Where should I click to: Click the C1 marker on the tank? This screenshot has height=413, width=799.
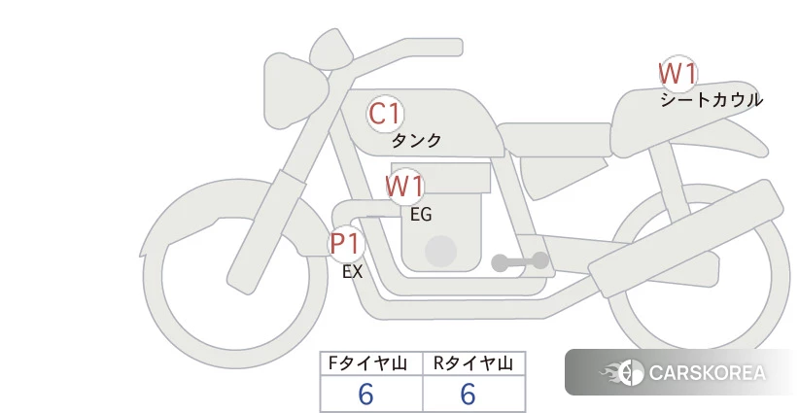coord(385,114)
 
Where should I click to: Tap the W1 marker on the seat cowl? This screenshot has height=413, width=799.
coord(677,72)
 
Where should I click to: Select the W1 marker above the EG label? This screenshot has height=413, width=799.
coord(404,186)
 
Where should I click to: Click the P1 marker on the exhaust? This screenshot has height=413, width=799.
coord(345,242)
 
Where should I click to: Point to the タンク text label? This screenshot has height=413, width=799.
coord(416,141)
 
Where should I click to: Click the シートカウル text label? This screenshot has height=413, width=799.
coord(711,99)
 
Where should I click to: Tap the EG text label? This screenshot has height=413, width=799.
coord(421,214)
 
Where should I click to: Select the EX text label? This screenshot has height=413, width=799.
coord(352,272)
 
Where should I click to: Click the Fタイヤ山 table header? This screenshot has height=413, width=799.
coord(371,363)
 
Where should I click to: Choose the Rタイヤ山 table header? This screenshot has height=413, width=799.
coord(473,363)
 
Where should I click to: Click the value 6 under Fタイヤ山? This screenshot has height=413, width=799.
coord(365,394)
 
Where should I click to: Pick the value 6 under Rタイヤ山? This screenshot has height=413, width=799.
coord(468,394)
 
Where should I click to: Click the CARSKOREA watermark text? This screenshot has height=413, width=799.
coord(707,372)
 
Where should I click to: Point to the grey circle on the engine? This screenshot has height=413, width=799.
coord(441,251)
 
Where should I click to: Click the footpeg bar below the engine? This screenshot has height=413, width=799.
coord(520,261)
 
